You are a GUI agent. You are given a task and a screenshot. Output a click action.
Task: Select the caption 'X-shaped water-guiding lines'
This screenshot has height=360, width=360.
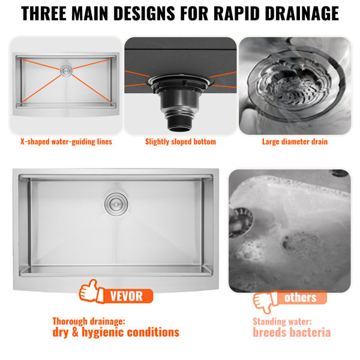pos(65,142)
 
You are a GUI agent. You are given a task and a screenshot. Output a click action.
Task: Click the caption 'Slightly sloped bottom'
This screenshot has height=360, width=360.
pos(181,142)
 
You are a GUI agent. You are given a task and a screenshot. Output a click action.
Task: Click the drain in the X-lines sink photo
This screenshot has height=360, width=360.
pos(65,70)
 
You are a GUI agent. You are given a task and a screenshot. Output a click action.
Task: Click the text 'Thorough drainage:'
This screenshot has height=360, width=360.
pos(89,321)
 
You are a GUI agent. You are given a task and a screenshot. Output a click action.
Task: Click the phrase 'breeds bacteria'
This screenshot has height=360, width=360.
pos(292,333)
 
